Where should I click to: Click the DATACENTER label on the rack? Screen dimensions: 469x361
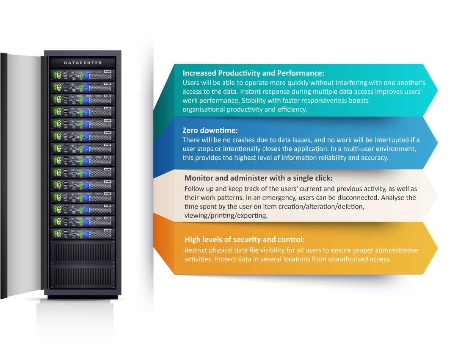tap(83, 63)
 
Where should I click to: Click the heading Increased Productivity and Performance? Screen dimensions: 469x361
tap(254, 73)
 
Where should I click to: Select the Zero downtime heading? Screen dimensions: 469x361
tap(210, 130)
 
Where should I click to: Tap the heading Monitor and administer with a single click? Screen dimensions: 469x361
tap(259, 178)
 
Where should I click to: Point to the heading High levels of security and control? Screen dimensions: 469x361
tap(245, 239)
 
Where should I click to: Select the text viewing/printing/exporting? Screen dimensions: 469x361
tap(226, 216)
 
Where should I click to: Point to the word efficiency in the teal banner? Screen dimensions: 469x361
tap(292, 110)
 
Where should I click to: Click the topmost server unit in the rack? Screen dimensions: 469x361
tap(83, 75)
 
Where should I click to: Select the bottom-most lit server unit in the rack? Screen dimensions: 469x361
tap(83, 233)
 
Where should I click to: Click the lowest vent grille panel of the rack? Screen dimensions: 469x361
tap(83, 276)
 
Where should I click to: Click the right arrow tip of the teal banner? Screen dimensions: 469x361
tap(438, 90)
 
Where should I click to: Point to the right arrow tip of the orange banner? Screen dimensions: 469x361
tap(438, 248)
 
